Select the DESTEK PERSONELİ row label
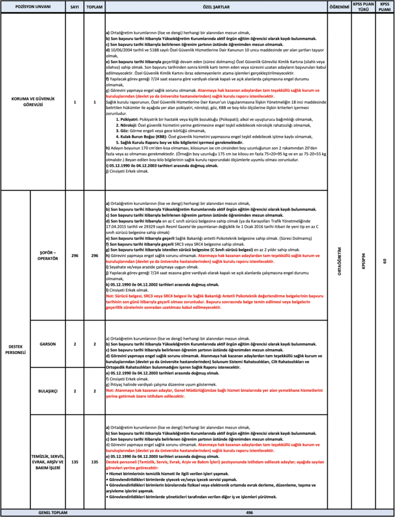pyautogui.click(x=16, y=349)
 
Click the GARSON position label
pyautogui.click(x=48, y=344)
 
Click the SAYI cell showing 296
pyautogui.click(x=75, y=256)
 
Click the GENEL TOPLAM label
pyautogui.click(x=53, y=512)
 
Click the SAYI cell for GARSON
pyautogui.click(x=75, y=344)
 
